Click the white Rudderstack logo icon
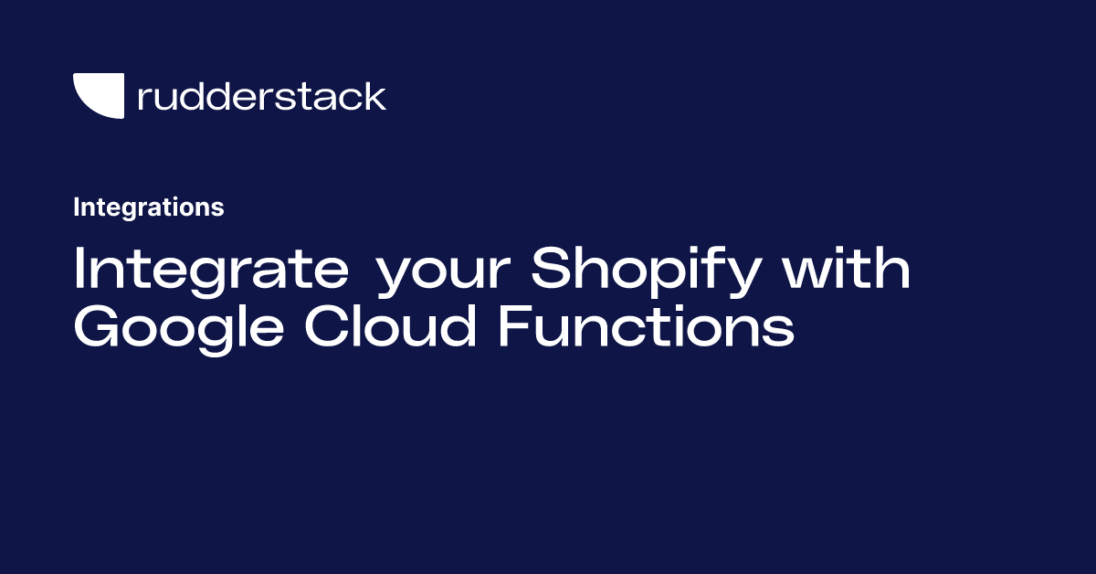tap(98, 96)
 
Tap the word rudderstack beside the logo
tap(261, 96)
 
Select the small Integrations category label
tap(148, 207)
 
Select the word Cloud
tap(390, 326)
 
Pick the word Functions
tap(645, 326)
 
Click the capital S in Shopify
tap(550, 270)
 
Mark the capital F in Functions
tap(511, 326)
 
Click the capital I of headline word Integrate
tap(80, 270)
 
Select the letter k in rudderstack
tap(375, 95)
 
